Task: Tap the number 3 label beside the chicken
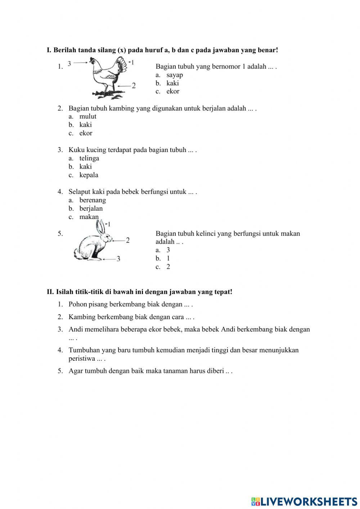coord(69,63)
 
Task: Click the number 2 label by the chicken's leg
coord(134,86)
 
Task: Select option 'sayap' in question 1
coord(174,75)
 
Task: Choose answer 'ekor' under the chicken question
coord(172,91)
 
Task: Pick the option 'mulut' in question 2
coord(87,116)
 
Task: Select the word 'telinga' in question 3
coord(89,158)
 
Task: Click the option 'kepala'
coord(89,175)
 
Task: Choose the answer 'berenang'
coord(93,200)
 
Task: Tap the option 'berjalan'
coord(91,209)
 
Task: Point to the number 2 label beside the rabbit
coord(128,240)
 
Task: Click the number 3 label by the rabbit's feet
coord(118,259)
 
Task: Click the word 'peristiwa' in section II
coord(82,359)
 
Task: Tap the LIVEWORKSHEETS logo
coord(304,501)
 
